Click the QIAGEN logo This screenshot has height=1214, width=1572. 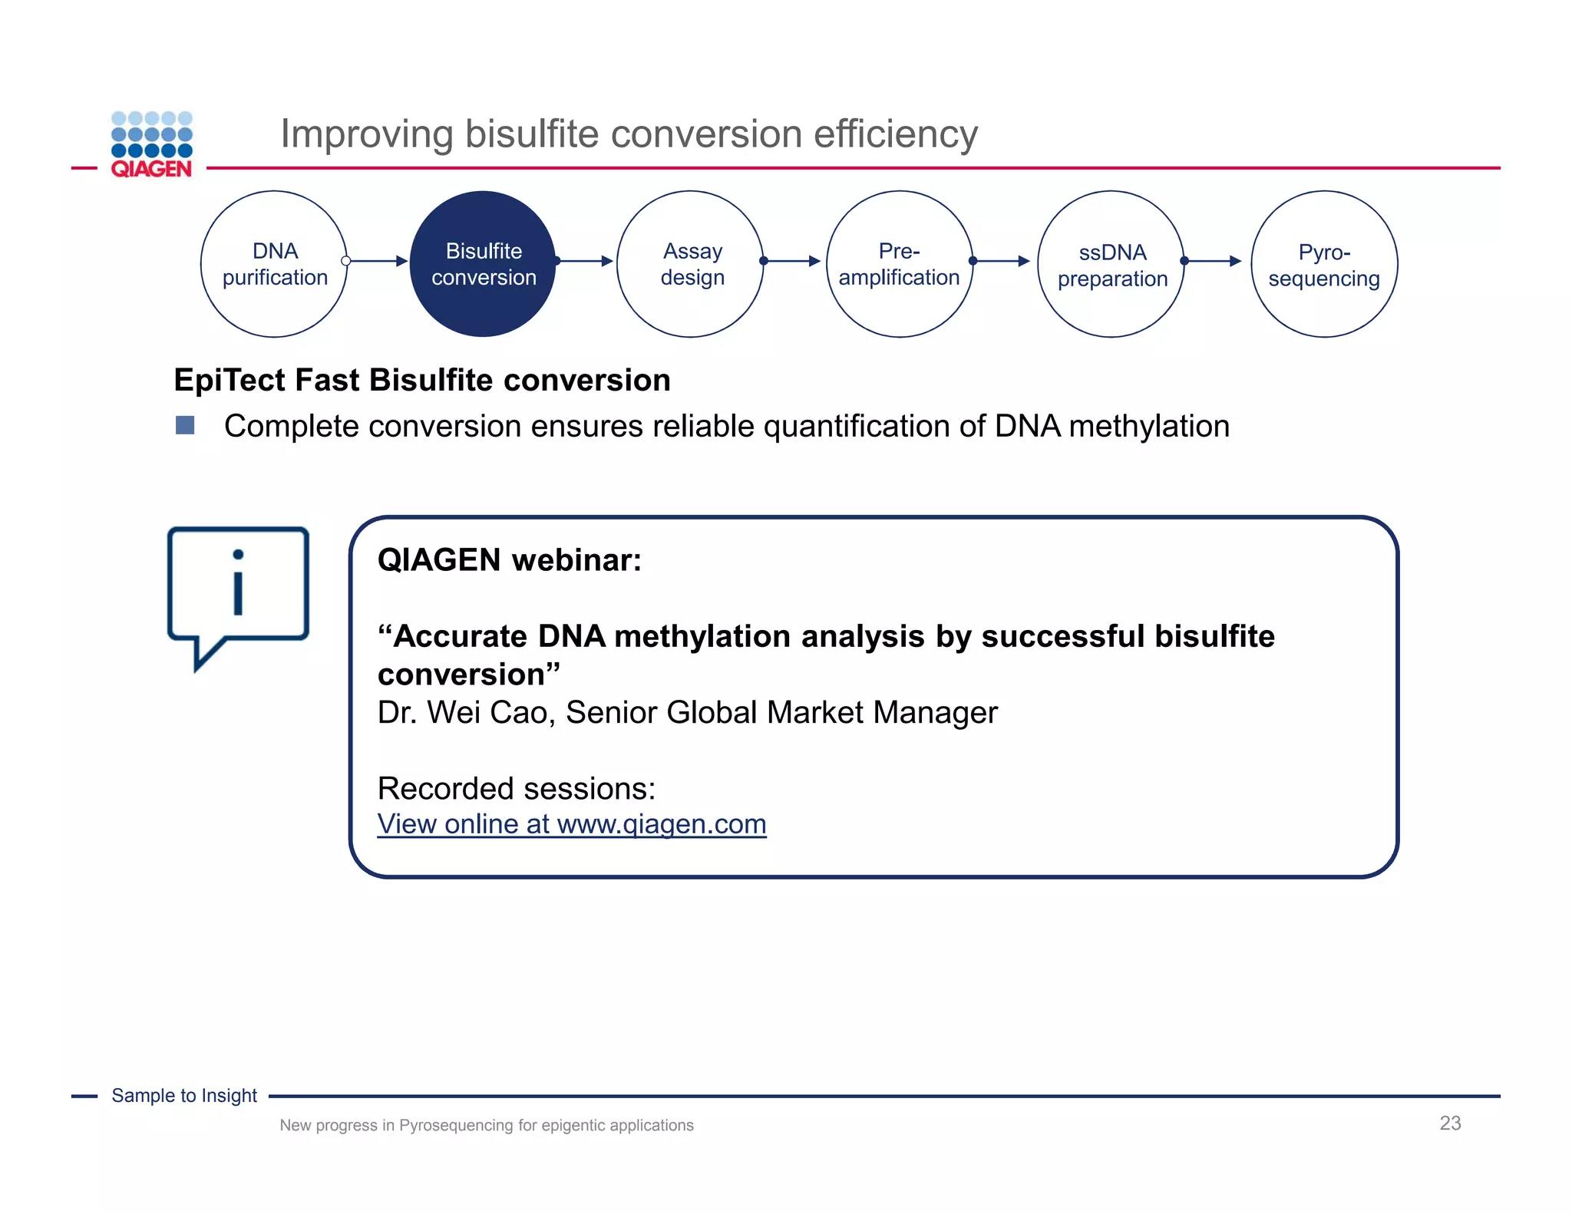click(151, 145)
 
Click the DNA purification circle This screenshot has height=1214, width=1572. click(274, 264)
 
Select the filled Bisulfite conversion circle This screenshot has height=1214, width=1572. click(483, 264)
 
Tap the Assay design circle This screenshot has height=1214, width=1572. click(691, 264)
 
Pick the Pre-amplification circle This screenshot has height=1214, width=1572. click(899, 264)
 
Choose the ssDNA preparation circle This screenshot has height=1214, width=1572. click(1111, 264)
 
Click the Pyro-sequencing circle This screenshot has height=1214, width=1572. click(1323, 264)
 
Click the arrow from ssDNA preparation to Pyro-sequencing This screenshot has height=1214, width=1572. click(1213, 261)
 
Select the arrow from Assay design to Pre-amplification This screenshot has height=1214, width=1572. click(793, 261)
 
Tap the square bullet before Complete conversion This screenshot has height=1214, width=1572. click(185, 425)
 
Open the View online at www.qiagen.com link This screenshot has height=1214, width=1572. click(572, 824)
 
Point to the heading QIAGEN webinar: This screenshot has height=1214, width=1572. click(509, 560)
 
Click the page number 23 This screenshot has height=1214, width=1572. click(1449, 1123)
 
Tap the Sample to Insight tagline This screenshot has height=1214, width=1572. click(184, 1096)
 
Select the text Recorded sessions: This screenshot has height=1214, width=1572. click(517, 789)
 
